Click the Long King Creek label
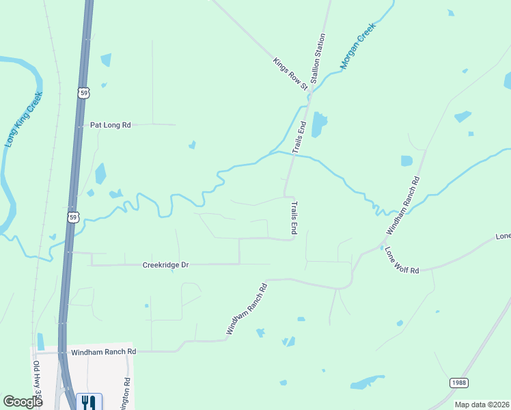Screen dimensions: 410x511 pos(24,120)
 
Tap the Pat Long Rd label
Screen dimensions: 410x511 pos(110,125)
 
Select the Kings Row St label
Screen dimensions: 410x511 pos(290,73)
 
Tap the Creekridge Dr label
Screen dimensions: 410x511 pos(165,264)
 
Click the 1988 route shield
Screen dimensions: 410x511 pos(459,383)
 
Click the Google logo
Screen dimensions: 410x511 pos(23,402)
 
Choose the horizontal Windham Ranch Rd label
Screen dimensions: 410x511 pos(104,351)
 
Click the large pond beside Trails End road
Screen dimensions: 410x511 pos(318,124)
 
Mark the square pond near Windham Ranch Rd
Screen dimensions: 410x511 pos(407,161)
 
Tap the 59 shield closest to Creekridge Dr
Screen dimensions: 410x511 pos(73,217)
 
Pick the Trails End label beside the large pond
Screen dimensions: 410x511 pos(299,137)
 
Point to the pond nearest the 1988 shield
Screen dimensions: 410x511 pos(366,383)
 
